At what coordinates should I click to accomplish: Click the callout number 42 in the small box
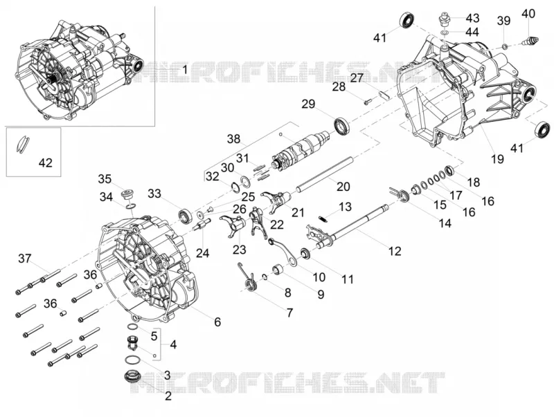(45, 163)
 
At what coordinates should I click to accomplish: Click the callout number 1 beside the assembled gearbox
(184, 69)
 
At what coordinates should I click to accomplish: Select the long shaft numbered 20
(325, 175)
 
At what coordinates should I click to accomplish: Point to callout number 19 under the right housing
(497, 159)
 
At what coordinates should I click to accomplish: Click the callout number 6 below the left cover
(217, 322)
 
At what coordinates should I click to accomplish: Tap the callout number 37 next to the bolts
(25, 259)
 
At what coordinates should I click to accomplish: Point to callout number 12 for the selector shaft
(395, 251)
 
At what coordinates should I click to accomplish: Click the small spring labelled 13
(322, 219)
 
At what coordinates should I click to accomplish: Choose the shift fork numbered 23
(233, 228)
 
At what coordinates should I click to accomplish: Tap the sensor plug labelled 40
(530, 41)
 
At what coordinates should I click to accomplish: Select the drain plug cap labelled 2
(132, 376)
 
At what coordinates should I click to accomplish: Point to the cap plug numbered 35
(127, 194)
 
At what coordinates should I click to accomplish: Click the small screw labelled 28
(368, 102)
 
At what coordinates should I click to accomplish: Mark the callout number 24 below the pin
(203, 253)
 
